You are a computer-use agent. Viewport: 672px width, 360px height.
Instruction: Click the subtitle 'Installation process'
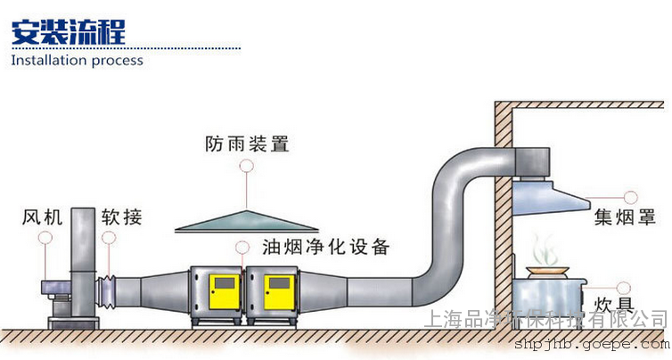(x=77, y=61)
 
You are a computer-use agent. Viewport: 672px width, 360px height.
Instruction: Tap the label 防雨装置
(x=247, y=143)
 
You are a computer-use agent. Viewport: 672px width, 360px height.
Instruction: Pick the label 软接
(x=121, y=217)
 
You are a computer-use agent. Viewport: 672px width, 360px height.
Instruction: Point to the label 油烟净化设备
(x=325, y=247)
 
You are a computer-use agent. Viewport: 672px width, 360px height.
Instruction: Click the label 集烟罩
(x=620, y=217)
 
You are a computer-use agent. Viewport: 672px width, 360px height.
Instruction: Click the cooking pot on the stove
(x=548, y=272)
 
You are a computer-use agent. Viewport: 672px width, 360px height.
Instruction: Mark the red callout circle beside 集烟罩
(x=631, y=195)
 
